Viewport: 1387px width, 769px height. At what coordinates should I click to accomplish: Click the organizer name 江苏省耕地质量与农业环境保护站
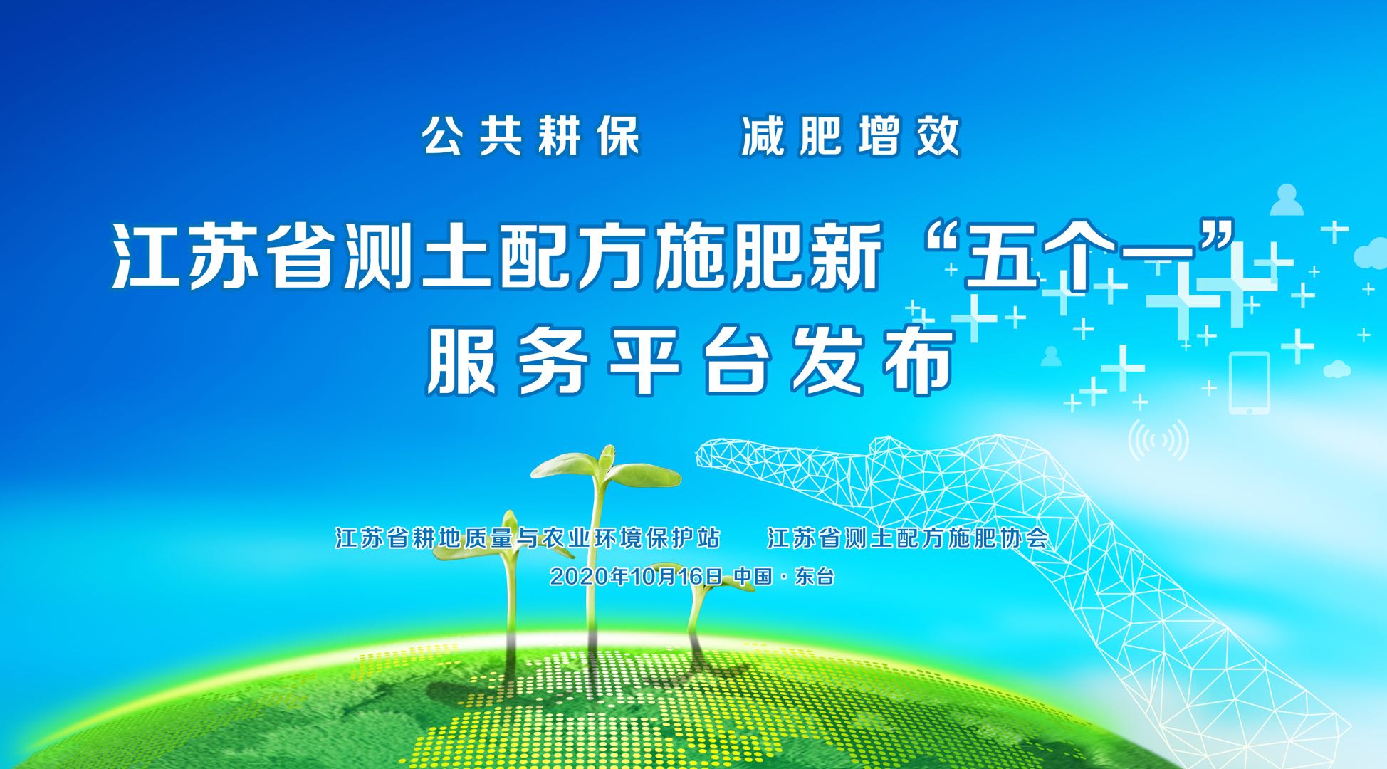coord(528,538)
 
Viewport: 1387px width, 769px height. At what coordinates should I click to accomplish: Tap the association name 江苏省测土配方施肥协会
coord(908,538)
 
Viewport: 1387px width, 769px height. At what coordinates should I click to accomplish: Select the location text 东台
coord(815,576)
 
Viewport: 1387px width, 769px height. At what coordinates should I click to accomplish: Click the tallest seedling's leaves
coord(605,466)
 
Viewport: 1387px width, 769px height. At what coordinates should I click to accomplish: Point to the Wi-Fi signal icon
coord(1158,440)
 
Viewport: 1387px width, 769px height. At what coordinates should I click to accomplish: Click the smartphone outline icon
coord(1249,383)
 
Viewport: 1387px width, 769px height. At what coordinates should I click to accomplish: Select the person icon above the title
coord(1287,201)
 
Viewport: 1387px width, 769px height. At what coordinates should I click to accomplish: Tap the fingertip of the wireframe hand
coord(705,453)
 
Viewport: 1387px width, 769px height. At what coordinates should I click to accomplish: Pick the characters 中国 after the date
coord(753,576)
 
